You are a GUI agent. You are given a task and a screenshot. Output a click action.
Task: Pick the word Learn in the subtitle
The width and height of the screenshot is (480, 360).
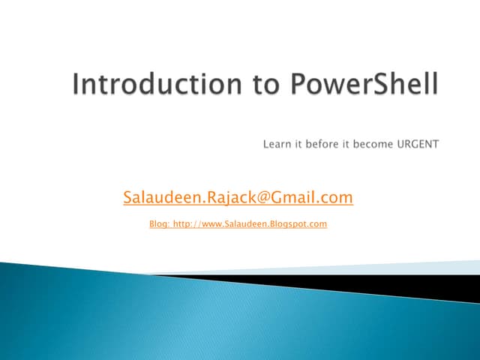pyautogui.click(x=277, y=143)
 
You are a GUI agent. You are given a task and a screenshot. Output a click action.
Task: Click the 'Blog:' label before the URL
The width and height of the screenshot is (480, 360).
pyautogui.click(x=160, y=223)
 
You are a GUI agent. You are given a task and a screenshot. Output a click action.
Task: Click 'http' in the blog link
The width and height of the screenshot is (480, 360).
pyautogui.click(x=181, y=223)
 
